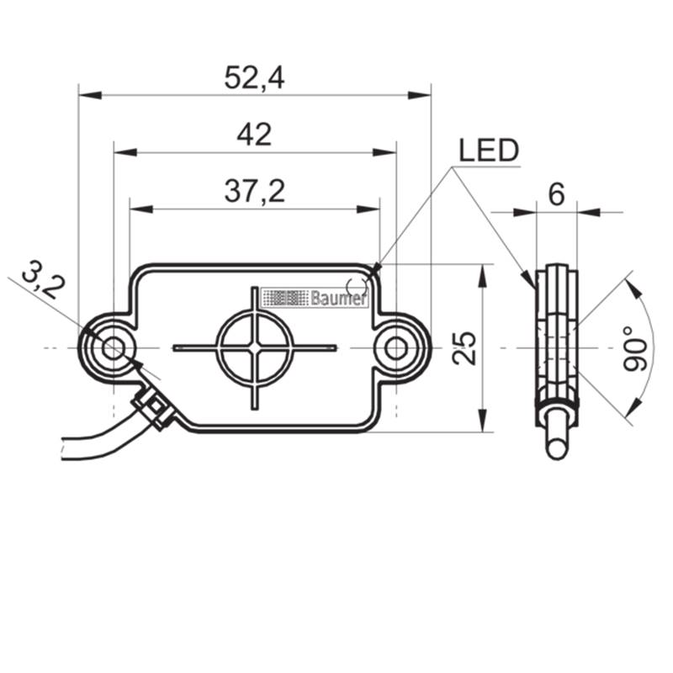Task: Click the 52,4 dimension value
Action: (254, 78)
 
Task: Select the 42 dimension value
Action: (254, 135)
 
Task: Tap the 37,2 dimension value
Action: (255, 192)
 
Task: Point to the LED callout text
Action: (489, 151)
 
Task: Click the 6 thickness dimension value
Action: (556, 195)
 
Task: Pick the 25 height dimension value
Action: (465, 348)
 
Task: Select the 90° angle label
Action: (635, 348)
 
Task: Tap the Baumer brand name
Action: (339, 298)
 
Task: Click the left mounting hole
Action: (114, 347)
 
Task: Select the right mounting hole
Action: (396, 348)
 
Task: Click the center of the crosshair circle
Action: (255, 347)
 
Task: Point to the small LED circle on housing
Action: (356, 285)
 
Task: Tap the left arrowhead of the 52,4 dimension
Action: (90, 95)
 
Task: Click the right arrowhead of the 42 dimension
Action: (384, 152)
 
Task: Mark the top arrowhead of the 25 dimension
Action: (483, 276)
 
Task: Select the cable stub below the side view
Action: (557, 432)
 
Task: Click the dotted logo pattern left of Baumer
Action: (285, 298)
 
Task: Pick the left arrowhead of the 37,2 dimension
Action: (141, 209)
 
